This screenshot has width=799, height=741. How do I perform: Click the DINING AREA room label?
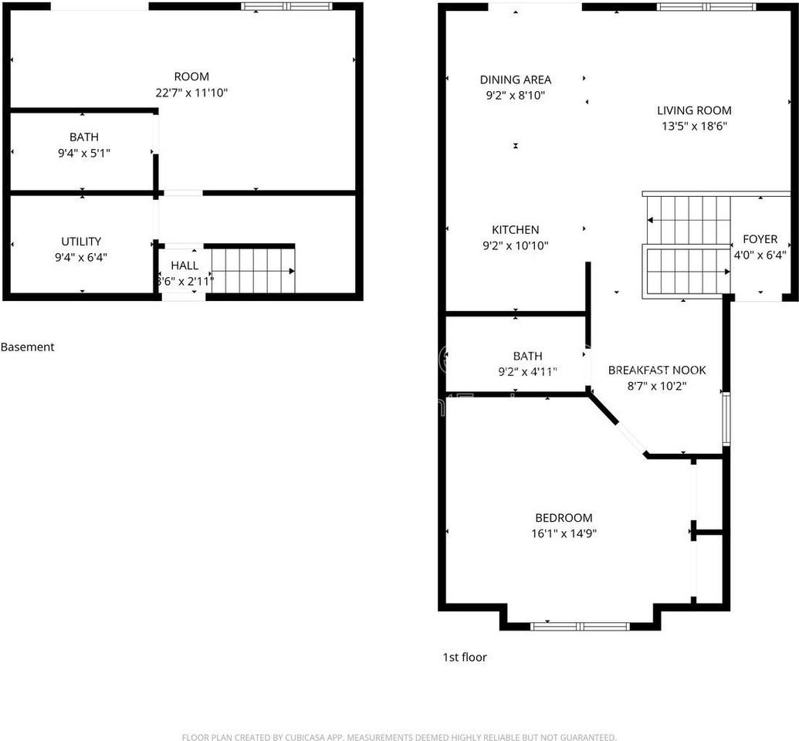[x=515, y=80]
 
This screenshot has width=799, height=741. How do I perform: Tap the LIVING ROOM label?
[x=693, y=110]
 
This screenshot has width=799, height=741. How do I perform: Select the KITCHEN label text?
[x=515, y=229]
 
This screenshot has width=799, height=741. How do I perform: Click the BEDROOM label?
[x=564, y=518]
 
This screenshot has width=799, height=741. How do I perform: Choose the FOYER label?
[x=760, y=239]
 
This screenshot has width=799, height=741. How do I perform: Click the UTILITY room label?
[x=81, y=242]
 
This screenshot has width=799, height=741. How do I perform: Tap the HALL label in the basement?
[x=185, y=266]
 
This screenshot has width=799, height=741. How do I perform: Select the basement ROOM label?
[x=191, y=76]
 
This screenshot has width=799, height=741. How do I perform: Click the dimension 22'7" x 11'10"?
[x=191, y=93]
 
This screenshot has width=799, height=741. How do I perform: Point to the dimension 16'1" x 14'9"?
[x=564, y=533]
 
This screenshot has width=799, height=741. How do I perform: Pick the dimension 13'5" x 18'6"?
[x=693, y=126]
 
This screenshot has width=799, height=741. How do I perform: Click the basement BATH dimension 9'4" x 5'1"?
[x=83, y=154]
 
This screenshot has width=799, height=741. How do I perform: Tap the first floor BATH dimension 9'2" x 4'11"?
[x=527, y=371]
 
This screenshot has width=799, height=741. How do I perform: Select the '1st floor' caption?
[x=464, y=658]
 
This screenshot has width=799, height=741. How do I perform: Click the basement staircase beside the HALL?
[x=252, y=271]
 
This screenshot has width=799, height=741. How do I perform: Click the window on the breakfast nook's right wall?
[x=726, y=419]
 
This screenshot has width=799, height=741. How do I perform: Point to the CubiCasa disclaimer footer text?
[x=399, y=737]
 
